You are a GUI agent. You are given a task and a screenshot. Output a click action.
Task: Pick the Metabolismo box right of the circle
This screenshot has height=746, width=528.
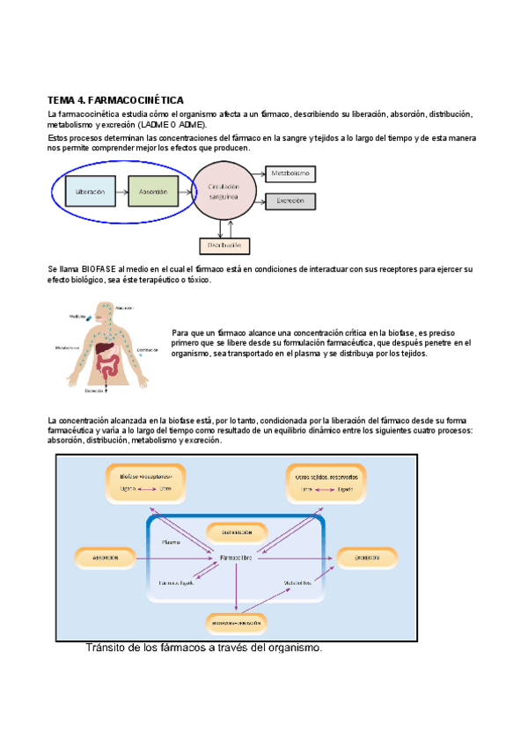point(290,174)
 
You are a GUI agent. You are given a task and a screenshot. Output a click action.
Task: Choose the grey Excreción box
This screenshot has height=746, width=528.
point(290,201)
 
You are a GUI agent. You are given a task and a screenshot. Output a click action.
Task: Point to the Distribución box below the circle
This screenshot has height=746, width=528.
point(226,245)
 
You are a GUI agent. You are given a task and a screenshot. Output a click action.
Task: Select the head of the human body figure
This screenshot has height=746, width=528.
point(106,312)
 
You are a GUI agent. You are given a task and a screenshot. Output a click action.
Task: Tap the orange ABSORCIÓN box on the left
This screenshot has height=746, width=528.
point(106,558)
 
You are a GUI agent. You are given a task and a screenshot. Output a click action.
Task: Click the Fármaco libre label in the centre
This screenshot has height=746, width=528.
point(238,558)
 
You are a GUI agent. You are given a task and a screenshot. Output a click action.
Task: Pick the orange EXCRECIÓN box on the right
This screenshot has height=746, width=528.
point(368,558)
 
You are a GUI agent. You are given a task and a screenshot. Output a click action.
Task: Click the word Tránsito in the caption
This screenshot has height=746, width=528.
point(107,649)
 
